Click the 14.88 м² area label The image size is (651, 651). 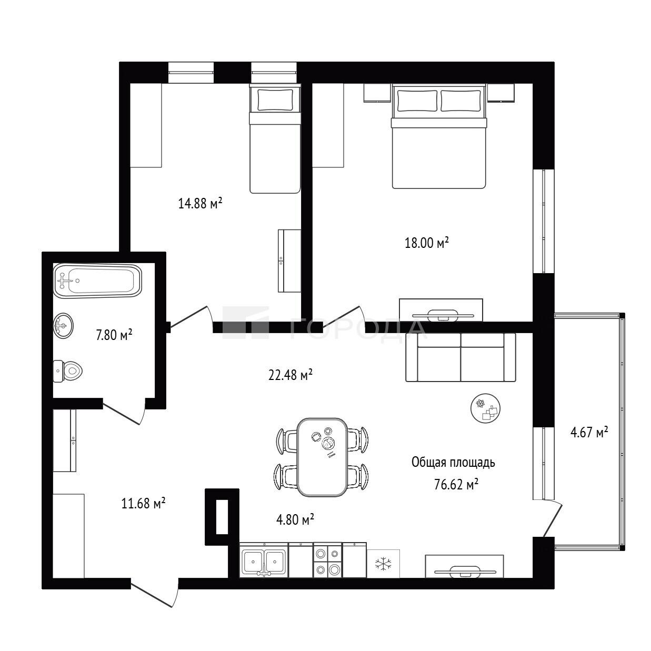[x=200, y=203]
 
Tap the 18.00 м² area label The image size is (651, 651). [x=427, y=243]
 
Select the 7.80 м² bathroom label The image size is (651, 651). [x=114, y=335]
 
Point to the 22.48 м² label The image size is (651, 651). [x=290, y=375]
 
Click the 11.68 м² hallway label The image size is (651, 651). [x=143, y=503]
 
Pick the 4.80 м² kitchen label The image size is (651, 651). [x=295, y=519]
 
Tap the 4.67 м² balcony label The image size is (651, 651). [x=589, y=432]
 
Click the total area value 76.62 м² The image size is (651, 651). [x=456, y=485]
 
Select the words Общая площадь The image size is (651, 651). [x=453, y=463]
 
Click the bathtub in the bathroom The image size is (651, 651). [x=98, y=281]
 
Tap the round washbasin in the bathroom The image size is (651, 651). [x=63, y=325]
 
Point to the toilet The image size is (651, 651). [x=68, y=371]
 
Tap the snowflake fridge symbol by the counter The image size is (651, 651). [x=383, y=563]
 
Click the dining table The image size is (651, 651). [x=322, y=457]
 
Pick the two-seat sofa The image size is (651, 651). [x=461, y=357]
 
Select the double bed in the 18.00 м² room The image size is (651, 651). [x=439, y=136]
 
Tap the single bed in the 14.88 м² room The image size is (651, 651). [x=275, y=138]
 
